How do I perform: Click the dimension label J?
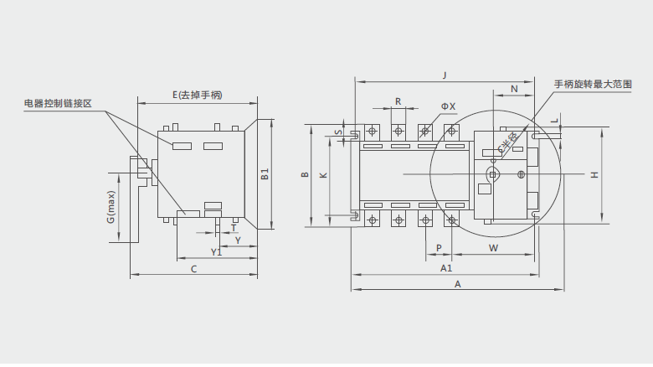click(445, 75)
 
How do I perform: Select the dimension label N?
click(514, 88)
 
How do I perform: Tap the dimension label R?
click(398, 101)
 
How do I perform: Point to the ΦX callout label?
click(448, 106)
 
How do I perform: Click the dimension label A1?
click(446, 268)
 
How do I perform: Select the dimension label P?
click(440, 248)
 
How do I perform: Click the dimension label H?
click(594, 175)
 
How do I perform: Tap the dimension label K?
click(324, 175)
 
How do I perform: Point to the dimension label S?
click(337, 132)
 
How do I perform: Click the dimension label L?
click(555, 121)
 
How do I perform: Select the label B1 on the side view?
click(265, 175)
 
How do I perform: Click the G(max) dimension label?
click(111, 207)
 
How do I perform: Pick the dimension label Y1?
click(216, 251)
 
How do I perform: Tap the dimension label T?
click(233, 227)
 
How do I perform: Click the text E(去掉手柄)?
click(197, 95)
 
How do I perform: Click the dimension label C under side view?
click(193, 269)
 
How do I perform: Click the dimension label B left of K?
click(306, 175)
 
